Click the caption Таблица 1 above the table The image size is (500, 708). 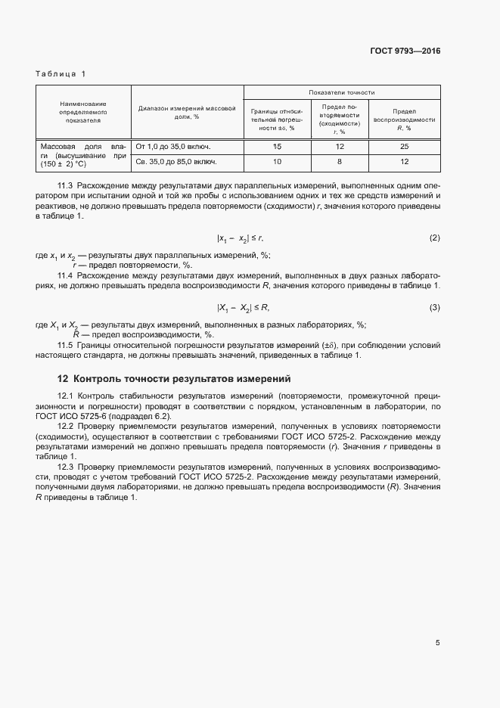point(61,73)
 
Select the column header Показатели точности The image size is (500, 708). point(342,92)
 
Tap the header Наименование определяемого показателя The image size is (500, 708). point(83,111)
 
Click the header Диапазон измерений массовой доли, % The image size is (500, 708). point(186,112)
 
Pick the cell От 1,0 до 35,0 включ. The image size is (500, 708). point(172,145)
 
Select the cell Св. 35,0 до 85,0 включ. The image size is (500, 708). point(176,161)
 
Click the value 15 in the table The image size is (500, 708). point(277,145)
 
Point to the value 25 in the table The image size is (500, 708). point(404,145)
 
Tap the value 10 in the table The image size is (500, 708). point(277,161)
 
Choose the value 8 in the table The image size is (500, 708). point(339,161)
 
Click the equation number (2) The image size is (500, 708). point(434,238)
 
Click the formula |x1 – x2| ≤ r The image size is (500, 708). point(240,239)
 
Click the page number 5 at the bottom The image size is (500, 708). point(437,643)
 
